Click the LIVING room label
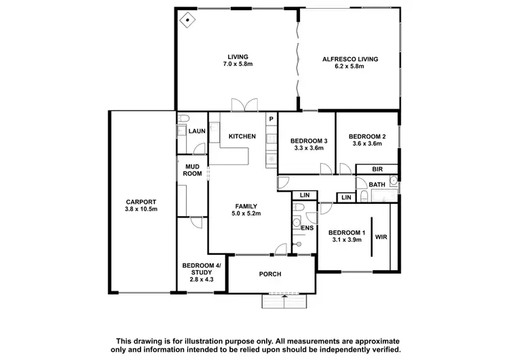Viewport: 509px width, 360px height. pyautogui.click(x=238, y=56)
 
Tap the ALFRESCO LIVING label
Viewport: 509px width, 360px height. pyautogui.click(x=350, y=59)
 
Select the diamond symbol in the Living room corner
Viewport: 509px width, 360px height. pyautogui.click(x=187, y=19)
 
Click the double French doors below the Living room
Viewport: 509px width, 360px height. pyautogui.click(x=244, y=105)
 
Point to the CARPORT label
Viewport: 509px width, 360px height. pyautogui.click(x=141, y=202)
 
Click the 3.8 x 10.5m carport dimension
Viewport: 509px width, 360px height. pyautogui.click(x=141, y=209)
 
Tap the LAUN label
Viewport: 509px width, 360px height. pyautogui.click(x=197, y=131)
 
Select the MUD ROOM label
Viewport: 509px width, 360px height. pyautogui.click(x=192, y=170)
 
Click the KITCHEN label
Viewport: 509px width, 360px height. pyautogui.click(x=242, y=137)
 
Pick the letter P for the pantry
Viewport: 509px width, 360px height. pyautogui.click(x=271, y=120)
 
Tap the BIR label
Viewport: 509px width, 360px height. pyautogui.click(x=376, y=170)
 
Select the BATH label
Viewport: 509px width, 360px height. pyautogui.click(x=377, y=185)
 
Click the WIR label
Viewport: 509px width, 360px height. pyautogui.click(x=381, y=238)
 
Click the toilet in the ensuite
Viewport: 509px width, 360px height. pyautogui.click(x=296, y=223)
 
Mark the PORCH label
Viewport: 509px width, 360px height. pyautogui.click(x=270, y=274)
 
